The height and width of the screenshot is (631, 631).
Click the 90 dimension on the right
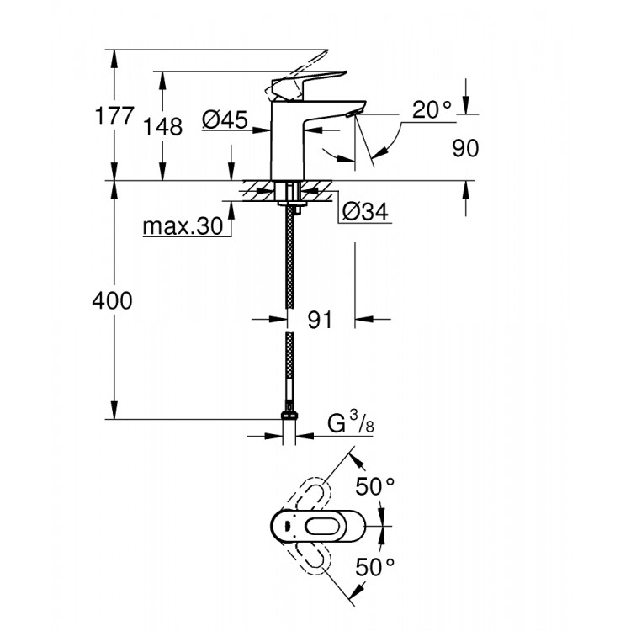pyautogui.click(x=464, y=148)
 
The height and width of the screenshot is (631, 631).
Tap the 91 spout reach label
pyautogui.click(x=320, y=320)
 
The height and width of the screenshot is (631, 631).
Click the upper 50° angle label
pyautogui.click(x=374, y=486)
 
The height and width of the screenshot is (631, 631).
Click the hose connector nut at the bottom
pyautogui.click(x=289, y=418)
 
